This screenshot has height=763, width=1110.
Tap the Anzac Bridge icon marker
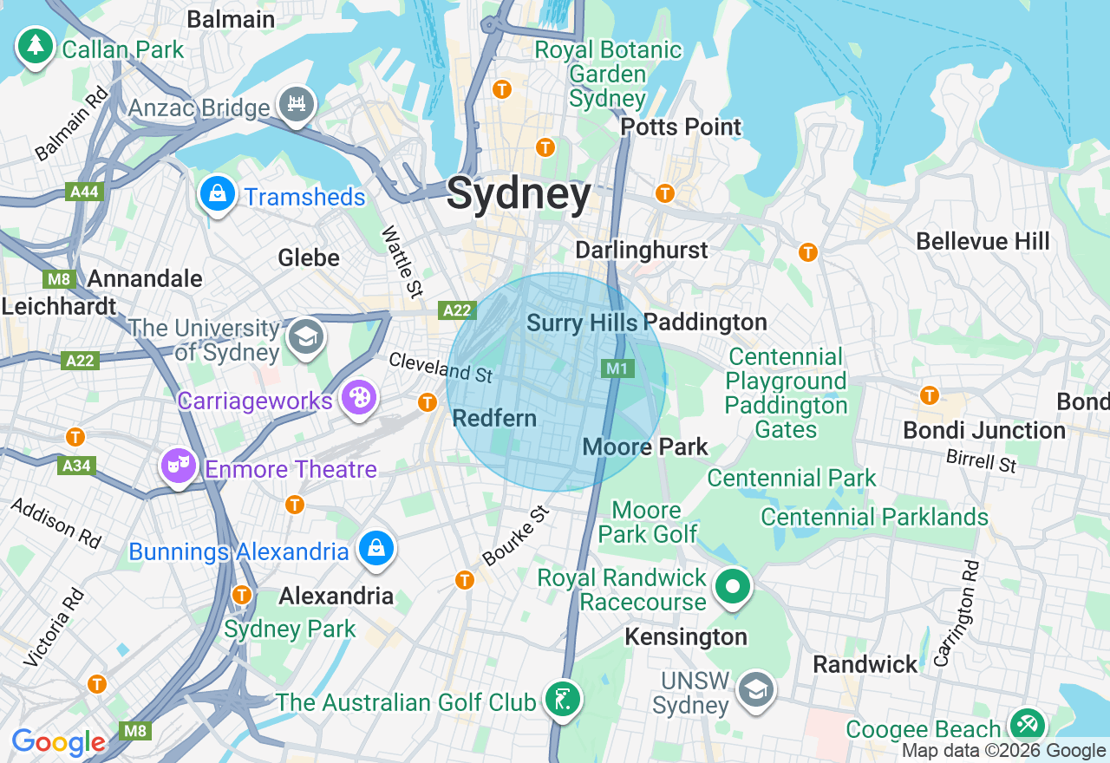[297, 104]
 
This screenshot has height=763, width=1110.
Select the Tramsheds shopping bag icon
[219, 194]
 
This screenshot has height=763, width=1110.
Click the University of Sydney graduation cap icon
[305, 337]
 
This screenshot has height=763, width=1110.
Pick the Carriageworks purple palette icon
[357, 399]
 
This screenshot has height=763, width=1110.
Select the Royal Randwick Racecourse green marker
[733, 588]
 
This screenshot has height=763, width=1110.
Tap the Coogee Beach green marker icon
[1028, 725]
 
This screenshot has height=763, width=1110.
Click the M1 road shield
[617, 368]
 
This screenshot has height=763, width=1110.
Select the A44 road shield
[84, 192]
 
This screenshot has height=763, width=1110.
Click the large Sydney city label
[519, 194]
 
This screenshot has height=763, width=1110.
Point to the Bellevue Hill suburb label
[983, 241]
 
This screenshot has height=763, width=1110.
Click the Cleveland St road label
[440, 368]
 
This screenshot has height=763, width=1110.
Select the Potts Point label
[681, 127]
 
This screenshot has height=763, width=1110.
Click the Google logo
[58, 742]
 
